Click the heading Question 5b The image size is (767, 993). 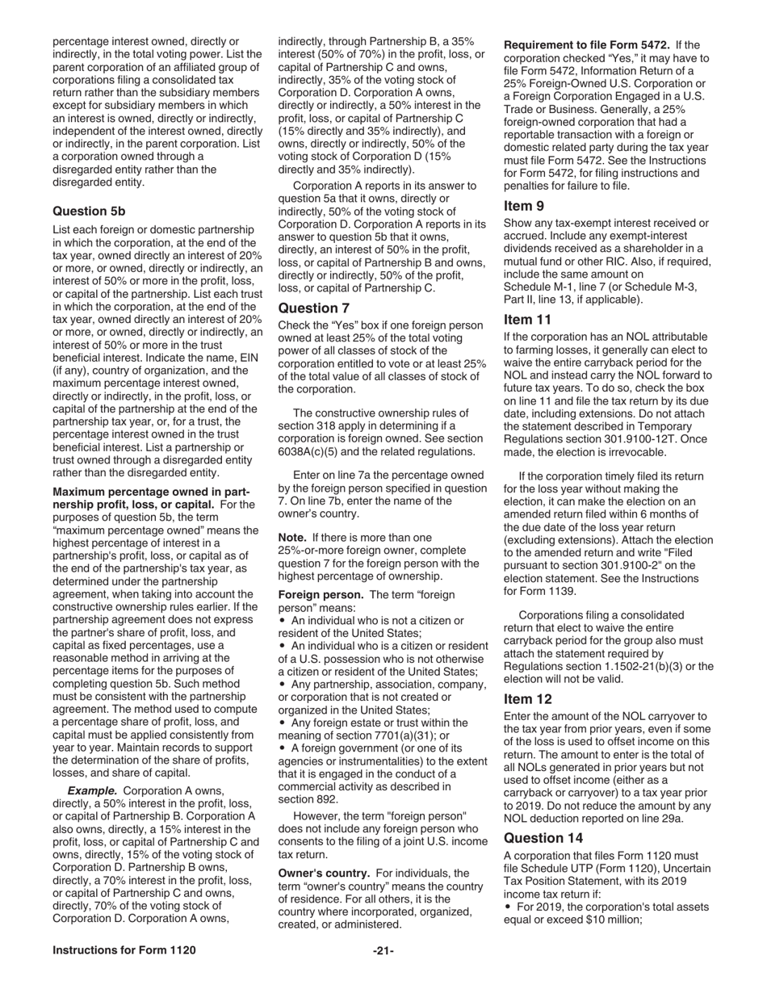[x=89, y=211]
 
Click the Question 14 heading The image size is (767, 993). [x=543, y=837]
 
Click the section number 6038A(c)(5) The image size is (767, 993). [x=313, y=451]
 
